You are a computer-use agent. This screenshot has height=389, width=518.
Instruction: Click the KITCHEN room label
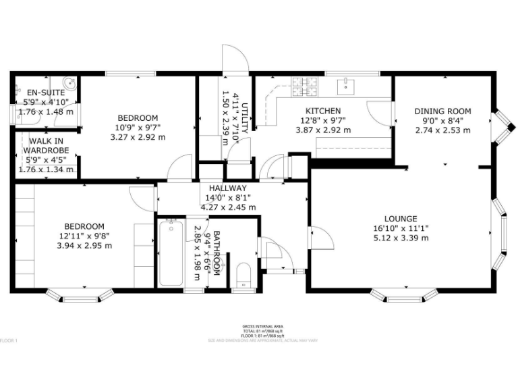(x=322, y=111)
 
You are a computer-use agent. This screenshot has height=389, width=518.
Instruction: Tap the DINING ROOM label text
(x=442, y=111)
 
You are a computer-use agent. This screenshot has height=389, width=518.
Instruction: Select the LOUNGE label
(x=401, y=219)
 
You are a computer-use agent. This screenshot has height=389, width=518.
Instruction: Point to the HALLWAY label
(x=227, y=188)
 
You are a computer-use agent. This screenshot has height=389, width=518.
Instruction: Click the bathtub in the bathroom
(x=170, y=254)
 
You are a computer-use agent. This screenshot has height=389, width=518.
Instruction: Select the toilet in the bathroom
(x=243, y=275)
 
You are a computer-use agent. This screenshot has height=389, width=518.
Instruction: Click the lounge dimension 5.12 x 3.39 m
(x=401, y=238)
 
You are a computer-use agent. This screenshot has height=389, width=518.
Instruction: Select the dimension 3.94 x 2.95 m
(x=84, y=245)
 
